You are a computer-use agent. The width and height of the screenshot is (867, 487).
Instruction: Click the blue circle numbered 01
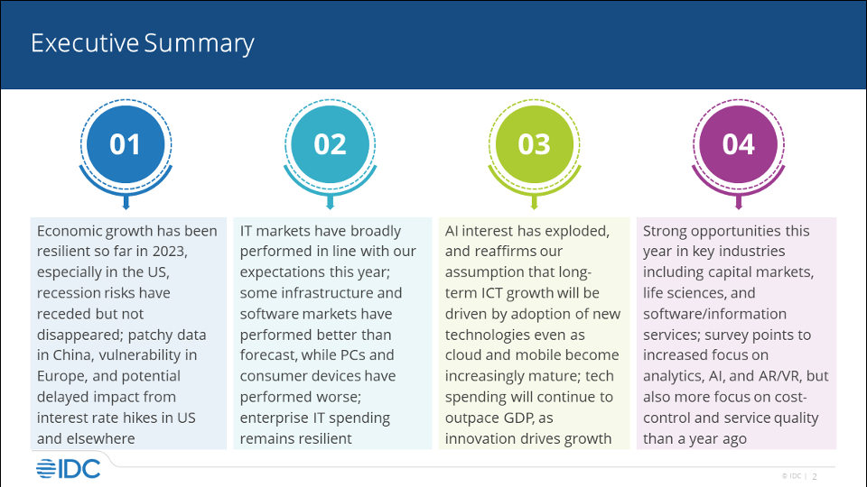[x=126, y=144]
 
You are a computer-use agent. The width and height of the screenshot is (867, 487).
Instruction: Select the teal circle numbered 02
[x=331, y=144]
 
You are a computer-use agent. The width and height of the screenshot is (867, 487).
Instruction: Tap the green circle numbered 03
[x=534, y=144]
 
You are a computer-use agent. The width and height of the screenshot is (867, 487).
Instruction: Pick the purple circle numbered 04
[x=738, y=144]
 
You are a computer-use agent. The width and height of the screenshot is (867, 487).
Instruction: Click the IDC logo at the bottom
[x=68, y=469]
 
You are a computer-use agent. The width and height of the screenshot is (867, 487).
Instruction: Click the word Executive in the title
[x=85, y=43]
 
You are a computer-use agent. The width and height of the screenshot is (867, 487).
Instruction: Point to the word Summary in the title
[x=199, y=44]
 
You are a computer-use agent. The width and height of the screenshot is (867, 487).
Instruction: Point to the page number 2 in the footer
[x=815, y=476]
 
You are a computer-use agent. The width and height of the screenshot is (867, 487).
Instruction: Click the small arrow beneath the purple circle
[x=738, y=202]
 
